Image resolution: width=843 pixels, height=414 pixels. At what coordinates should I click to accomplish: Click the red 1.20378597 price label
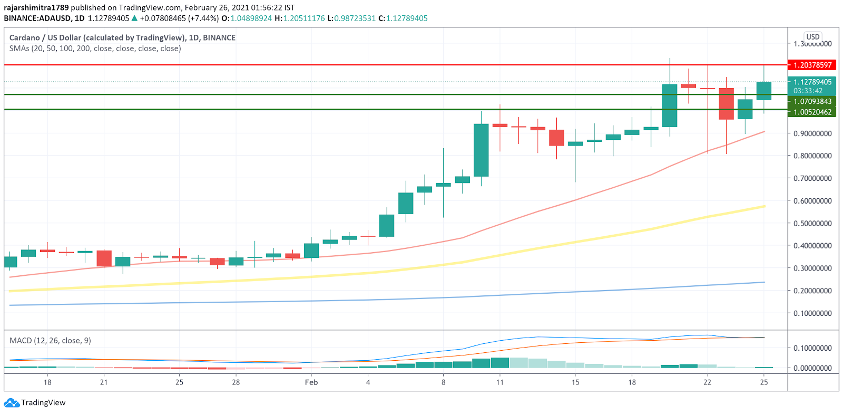[x=812, y=65]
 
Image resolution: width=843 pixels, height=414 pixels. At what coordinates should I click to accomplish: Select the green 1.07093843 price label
[x=812, y=101]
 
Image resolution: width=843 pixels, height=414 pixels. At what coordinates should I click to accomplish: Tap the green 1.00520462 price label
[x=812, y=112]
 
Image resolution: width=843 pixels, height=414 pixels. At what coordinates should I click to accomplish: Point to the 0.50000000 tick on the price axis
[x=812, y=223]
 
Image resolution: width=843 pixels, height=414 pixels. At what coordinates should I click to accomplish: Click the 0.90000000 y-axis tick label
[x=812, y=133]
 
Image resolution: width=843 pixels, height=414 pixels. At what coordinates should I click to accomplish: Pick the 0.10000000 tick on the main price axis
[x=812, y=313]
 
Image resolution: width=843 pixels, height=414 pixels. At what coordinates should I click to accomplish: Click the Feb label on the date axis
[x=311, y=382]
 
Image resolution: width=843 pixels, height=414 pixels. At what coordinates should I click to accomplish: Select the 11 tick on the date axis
[x=499, y=382]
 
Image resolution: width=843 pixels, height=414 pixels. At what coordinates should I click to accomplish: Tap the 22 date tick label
[x=707, y=382]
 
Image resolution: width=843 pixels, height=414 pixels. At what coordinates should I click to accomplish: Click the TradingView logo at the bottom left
[x=35, y=402]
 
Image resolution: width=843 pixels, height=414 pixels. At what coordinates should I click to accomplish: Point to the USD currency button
[x=813, y=36]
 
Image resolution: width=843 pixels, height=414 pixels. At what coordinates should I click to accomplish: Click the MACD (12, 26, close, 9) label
[x=50, y=340]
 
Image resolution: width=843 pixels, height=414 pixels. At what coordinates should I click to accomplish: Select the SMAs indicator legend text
[x=95, y=48]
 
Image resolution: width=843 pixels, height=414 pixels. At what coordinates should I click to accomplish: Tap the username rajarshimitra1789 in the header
[x=36, y=7]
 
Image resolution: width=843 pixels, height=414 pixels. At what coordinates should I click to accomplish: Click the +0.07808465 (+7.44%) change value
[x=179, y=18]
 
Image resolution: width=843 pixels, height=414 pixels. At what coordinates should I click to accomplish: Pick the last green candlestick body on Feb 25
[x=763, y=91]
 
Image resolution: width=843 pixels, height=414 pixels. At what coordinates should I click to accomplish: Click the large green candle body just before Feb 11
[x=481, y=150]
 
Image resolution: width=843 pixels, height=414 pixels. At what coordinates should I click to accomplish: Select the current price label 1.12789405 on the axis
[x=812, y=82]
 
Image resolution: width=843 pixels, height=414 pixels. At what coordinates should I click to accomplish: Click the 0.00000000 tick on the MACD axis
[x=812, y=368]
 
